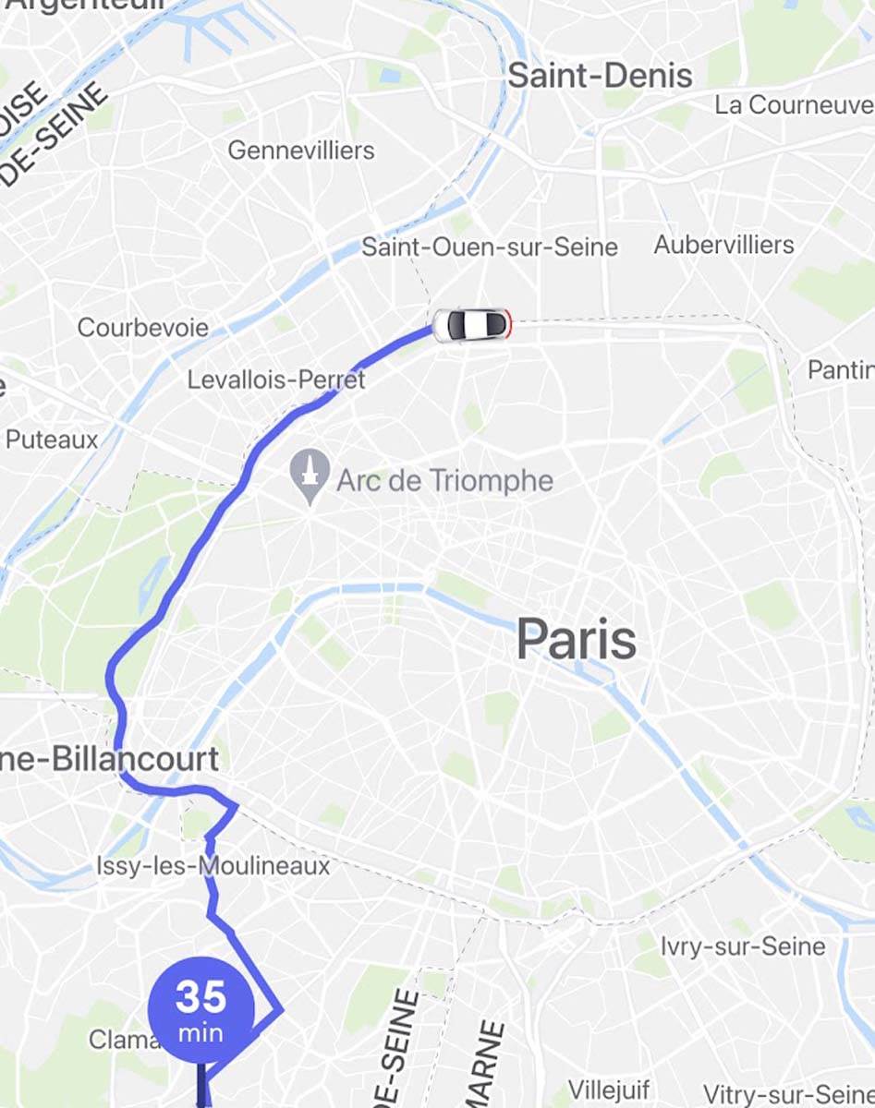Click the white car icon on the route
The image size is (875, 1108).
[x=471, y=324]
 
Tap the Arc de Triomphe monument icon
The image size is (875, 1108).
[x=310, y=476]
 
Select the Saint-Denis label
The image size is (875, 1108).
[x=600, y=76]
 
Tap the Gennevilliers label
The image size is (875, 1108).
[x=301, y=150]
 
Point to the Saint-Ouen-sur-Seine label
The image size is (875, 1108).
[x=490, y=247]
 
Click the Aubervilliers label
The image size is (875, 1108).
[x=723, y=245]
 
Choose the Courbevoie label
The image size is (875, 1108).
[x=143, y=328]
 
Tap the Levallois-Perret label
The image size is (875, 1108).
[x=276, y=379]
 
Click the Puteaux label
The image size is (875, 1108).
[x=52, y=440]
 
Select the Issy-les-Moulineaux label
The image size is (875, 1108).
[x=213, y=866]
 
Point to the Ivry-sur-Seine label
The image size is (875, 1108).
[x=743, y=946]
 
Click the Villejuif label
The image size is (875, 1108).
[x=609, y=1090]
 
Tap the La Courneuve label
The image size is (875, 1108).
[x=794, y=105]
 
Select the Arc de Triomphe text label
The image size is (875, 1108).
[x=444, y=480]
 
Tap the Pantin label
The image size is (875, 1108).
[x=841, y=370]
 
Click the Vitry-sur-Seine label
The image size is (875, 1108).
[x=788, y=1094]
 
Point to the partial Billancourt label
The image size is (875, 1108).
[x=111, y=759]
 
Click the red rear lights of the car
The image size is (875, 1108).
[x=507, y=324]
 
